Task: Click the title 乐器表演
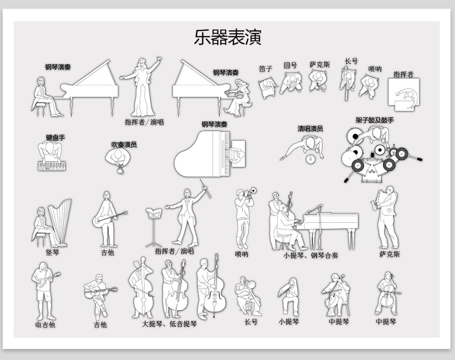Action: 227,37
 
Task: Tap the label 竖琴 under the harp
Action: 52,252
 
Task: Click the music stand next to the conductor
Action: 154,227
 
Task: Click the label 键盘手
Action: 56,137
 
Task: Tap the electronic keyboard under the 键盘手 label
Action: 52,166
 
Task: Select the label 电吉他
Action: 45,324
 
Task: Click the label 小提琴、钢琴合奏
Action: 311,256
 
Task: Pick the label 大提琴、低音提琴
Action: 169,324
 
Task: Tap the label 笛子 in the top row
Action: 265,69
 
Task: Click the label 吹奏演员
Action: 124,144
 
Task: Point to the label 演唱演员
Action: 310,128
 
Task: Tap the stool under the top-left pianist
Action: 41,109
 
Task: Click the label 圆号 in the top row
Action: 290,65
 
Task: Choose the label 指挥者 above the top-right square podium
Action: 403,74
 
